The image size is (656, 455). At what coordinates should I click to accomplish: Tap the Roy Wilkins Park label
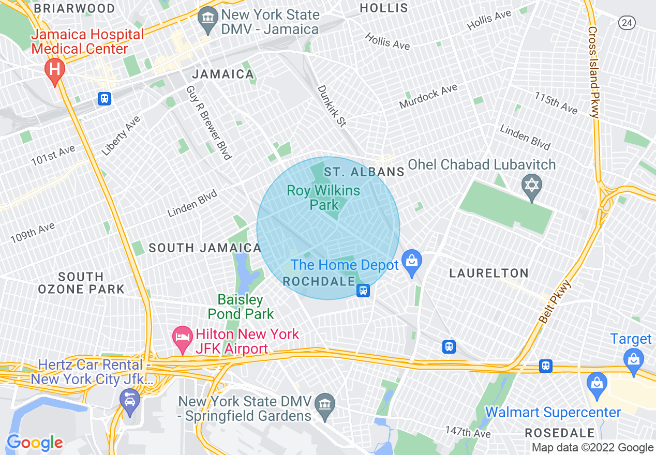click(323, 198)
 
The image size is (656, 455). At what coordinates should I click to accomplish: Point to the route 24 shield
click(627, 22)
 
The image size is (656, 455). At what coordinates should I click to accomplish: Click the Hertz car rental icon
click(129, 401)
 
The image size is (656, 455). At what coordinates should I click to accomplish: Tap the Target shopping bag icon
click(633, 358)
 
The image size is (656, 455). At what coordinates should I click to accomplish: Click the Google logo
click(35, 443)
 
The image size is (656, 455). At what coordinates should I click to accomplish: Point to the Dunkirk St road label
click(332, 106)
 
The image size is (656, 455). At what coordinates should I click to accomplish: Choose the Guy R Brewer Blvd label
click(208, 123)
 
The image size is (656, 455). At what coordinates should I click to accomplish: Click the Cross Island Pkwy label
click(593, 72)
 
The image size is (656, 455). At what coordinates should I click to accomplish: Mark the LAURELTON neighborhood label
click(488, 273)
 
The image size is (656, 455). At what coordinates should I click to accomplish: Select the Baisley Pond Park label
click(241, 307)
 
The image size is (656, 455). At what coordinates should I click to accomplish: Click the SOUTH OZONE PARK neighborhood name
click(81, 283)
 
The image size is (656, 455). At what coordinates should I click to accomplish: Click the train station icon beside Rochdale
click(363, 291)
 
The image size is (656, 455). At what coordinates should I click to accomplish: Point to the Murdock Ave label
click(428, 96)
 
